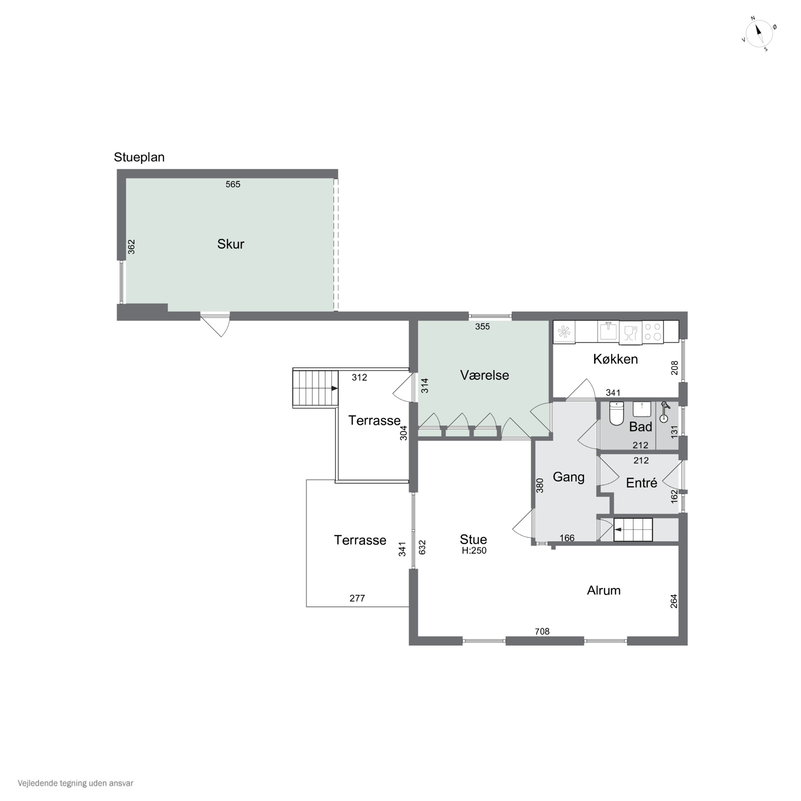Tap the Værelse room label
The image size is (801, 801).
pos(484,375)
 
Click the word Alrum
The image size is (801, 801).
pos(604,590)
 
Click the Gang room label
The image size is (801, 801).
pos(568,477)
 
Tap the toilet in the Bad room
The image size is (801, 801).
pos(617,413)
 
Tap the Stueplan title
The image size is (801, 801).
pos(139,157)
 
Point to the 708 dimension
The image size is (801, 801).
pos(542,631)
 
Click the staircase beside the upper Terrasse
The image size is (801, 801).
pos(316,388)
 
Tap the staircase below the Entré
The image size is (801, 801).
pos(633,529)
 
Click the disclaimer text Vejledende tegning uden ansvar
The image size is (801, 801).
pos(76,783)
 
